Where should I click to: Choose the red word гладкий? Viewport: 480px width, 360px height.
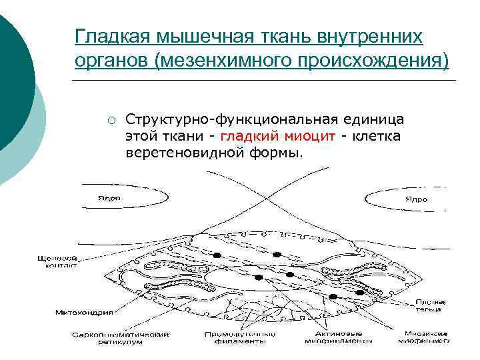tap(247, 137)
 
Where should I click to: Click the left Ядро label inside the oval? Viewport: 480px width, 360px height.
tap(110, 198)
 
